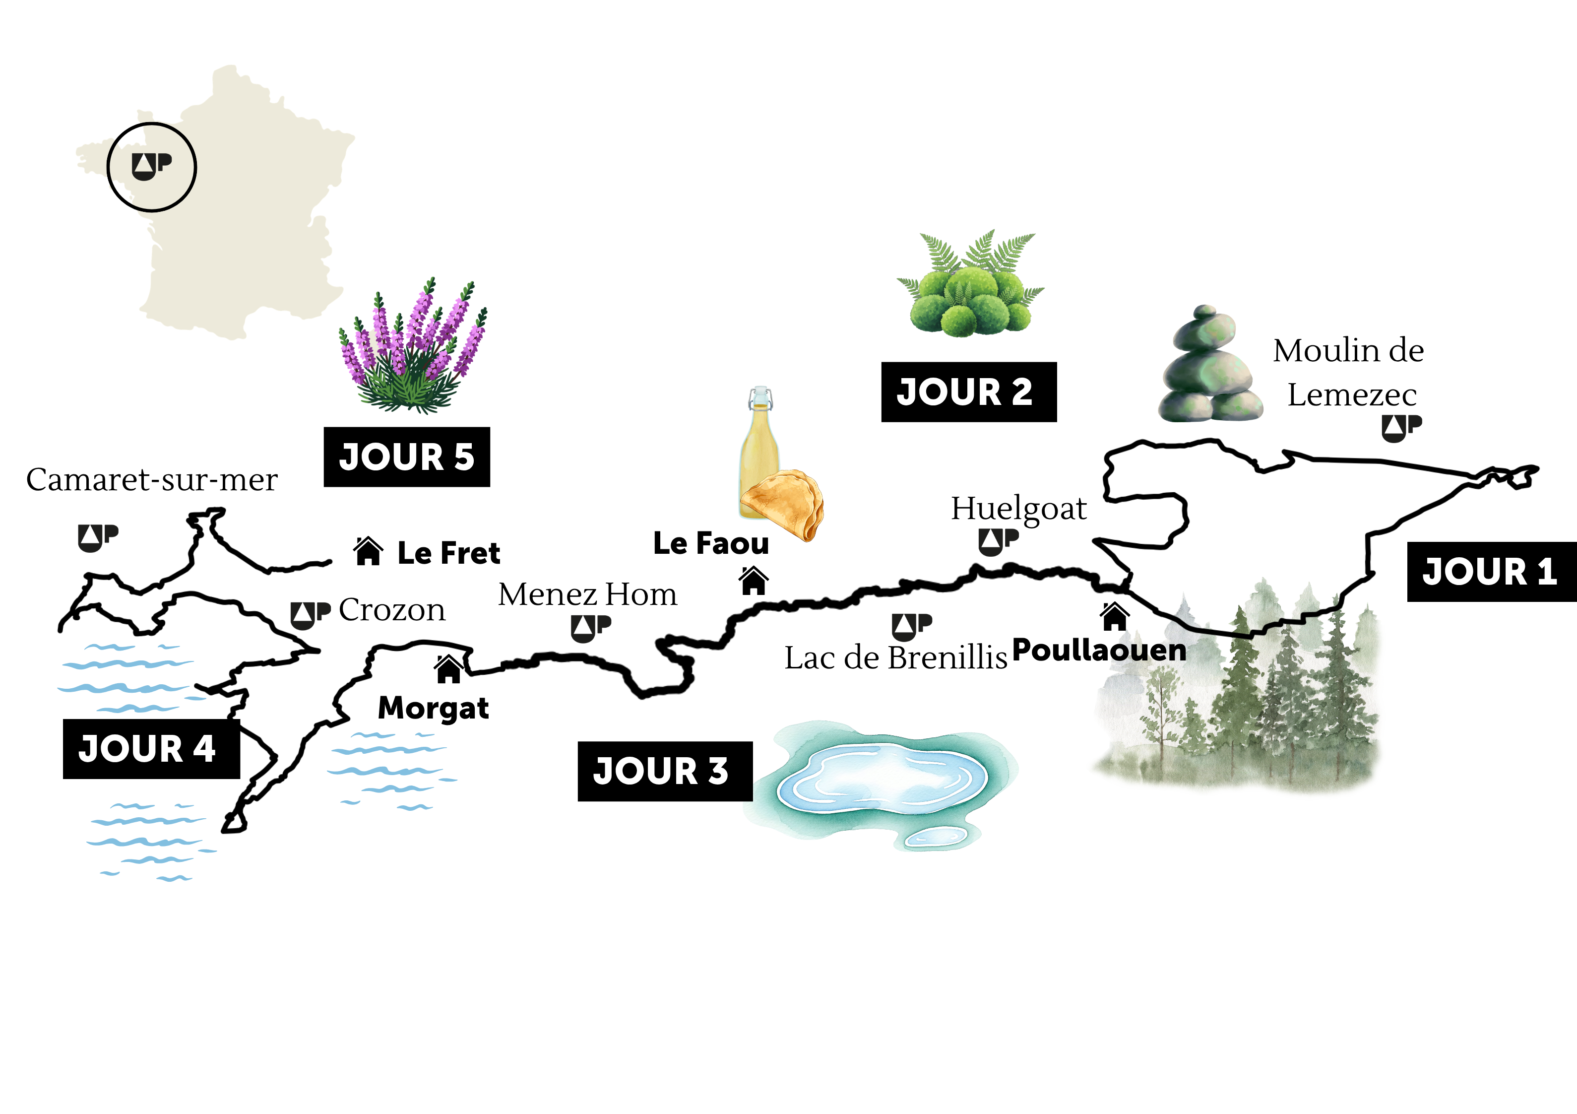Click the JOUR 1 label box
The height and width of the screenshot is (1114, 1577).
1491,572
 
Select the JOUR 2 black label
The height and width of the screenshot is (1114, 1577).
968,392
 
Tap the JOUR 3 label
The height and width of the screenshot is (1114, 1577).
664,771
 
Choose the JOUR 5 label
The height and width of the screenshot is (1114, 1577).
407,457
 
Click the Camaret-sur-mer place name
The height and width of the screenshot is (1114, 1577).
152,480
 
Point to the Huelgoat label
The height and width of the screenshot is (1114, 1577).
1018,509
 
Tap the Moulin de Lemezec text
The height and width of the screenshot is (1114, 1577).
1349,373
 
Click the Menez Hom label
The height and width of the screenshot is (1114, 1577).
587,594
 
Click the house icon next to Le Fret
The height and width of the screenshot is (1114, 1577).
368,551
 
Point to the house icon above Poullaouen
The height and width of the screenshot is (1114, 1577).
1114,616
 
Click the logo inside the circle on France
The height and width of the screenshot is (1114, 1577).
152,166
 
